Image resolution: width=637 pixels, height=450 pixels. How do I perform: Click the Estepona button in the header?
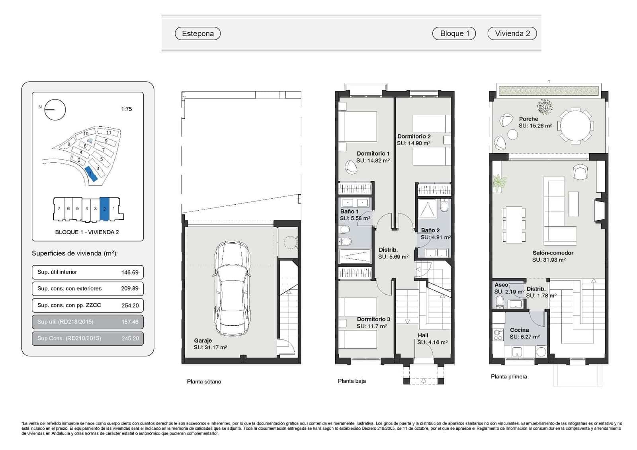pos(197,33)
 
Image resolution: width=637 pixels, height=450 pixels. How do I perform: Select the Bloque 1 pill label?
pos(454,33)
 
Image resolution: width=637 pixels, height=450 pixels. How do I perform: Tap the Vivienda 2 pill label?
pos(512,33)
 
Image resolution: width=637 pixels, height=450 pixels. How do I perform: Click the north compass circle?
pos(55,110)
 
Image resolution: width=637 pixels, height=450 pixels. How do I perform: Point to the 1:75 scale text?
pos(126,109)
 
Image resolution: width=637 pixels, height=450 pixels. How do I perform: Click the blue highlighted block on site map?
pos(91,174)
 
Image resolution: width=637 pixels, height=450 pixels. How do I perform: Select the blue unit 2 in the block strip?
pos(104,209)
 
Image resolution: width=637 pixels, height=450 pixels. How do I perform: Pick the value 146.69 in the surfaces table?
pos(130,272)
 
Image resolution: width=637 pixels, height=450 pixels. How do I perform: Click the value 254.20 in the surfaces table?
pos(130,305)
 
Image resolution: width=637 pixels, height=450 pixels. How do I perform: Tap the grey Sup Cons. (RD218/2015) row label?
pos(69,338)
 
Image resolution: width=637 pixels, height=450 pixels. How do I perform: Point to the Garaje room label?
pos(203,340)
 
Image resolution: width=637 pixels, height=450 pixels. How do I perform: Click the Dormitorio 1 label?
pos(373,153)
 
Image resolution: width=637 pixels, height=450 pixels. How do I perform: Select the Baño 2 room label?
pos(430,230)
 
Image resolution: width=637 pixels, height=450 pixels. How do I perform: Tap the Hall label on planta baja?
pos(423,335)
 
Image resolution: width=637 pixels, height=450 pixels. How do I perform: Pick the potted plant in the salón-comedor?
pos(498,184)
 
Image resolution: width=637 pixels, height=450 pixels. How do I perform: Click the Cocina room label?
pos(519,330)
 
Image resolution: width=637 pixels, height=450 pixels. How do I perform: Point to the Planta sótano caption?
pos(204,382)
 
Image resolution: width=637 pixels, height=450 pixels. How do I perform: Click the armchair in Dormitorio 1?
pos(351,167)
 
